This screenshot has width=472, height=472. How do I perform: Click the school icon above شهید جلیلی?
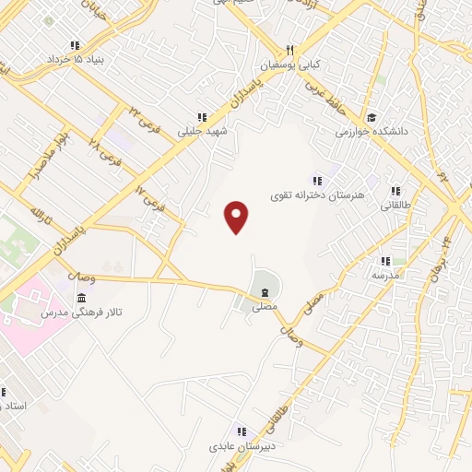(202, 117)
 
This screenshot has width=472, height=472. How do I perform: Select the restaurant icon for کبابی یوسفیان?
(289, 50)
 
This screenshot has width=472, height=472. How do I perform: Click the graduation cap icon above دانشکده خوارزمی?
(372, 118)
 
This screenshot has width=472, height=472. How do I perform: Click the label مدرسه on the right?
(385, 275)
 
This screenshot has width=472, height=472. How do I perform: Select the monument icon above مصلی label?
(265, 292)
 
